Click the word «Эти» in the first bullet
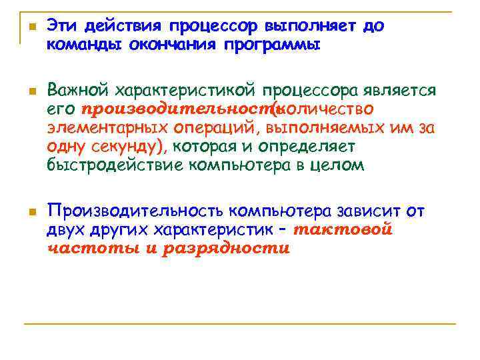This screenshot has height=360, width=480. tap(62, 27)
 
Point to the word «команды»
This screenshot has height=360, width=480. tap(77, 45)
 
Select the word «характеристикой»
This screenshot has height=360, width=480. tap(185, 91)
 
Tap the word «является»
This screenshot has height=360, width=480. tap(399, 91)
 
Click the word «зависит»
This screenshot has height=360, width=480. tap(369, 212)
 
